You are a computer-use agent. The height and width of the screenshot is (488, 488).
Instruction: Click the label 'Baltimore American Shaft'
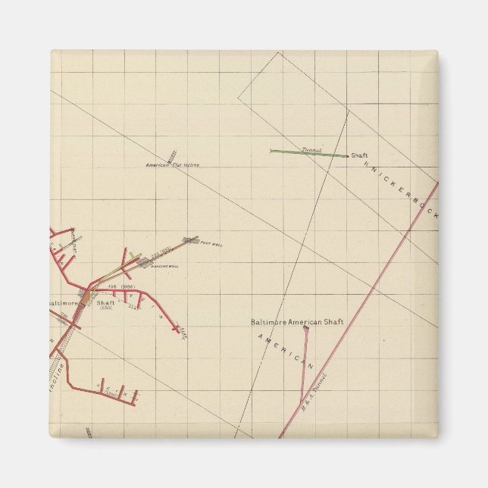[x=297, y=322]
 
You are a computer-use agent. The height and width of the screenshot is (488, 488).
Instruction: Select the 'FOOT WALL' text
[x=211, y=244]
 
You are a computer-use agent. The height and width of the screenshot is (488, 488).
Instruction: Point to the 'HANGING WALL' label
[x=164, y=267]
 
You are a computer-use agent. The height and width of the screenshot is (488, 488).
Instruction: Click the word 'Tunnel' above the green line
[x=311, y=150]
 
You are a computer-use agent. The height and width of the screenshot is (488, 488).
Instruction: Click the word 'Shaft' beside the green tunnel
[x=359, y=155]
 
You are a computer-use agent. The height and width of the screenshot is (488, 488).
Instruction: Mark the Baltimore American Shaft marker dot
[x=306, y=329]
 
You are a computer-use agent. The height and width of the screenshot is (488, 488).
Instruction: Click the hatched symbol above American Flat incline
[x=172, y=155]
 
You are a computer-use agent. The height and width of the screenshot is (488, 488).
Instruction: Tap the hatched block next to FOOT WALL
[x=190, y=242]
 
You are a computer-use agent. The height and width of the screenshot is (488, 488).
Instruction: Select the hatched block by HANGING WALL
[x=143, y=262]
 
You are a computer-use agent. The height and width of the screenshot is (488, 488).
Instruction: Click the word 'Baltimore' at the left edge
[x=63, y=303]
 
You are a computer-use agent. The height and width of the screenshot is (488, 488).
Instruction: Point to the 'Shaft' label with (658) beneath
[x=105, y=303]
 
